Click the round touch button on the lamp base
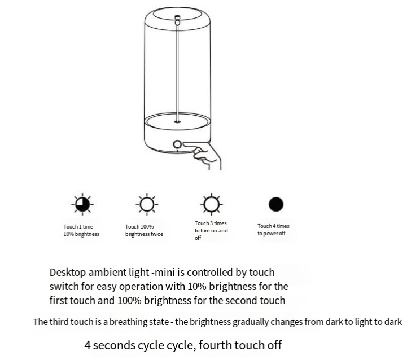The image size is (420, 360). coord(177,144)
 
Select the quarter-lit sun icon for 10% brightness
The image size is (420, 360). coord(82,204)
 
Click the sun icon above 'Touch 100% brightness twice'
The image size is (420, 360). coord(147,204)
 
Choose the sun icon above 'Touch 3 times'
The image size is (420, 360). coord(211,204)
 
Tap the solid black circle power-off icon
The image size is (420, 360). coord(276,204)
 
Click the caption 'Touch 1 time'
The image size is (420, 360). coord(78,227)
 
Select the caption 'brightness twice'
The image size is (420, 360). coord(144,234)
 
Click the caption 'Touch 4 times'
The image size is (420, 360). coord(273,226)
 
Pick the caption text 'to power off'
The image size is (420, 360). coord(272,234)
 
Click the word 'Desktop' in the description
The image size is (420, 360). coord(68,273)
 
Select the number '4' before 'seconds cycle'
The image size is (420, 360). coord(88,345)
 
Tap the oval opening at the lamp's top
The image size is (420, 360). coord(177,14)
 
